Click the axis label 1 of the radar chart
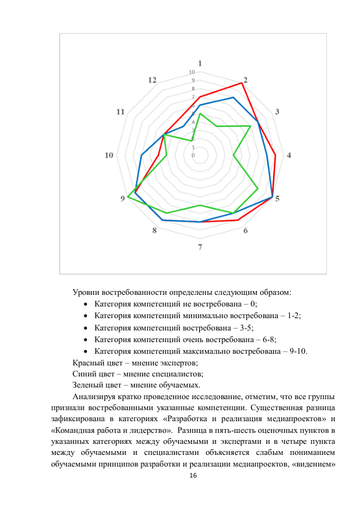click(x=200, y=63)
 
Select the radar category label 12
click(x=152, y=80)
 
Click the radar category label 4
click(x=289, y=155)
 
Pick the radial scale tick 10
click(x=191, y=72)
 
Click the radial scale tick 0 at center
click(x=193, y=156)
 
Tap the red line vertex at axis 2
click(x=241, y=83)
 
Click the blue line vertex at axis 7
click(x=200, y=222)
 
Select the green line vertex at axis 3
click(x=250, y=126)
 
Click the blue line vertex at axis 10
click(x=141, y=156)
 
